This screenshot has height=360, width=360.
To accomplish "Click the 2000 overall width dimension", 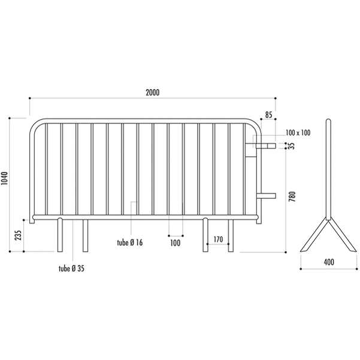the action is point(153,92).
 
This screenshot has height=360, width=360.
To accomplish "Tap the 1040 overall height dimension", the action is point(5,178).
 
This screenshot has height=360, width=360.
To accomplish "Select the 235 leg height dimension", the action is point(18,235).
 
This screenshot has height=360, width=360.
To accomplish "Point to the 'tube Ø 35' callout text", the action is point(71,268).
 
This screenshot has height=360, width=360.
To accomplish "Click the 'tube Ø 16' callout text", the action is point(130,243).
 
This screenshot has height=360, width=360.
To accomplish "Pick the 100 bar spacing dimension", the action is point(175,243).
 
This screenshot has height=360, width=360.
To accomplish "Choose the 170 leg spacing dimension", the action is point(218,240).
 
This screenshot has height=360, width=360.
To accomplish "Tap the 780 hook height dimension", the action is point(292,196).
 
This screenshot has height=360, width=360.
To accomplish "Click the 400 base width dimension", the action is point(329,262).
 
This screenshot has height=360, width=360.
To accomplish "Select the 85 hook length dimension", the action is point(268,114).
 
